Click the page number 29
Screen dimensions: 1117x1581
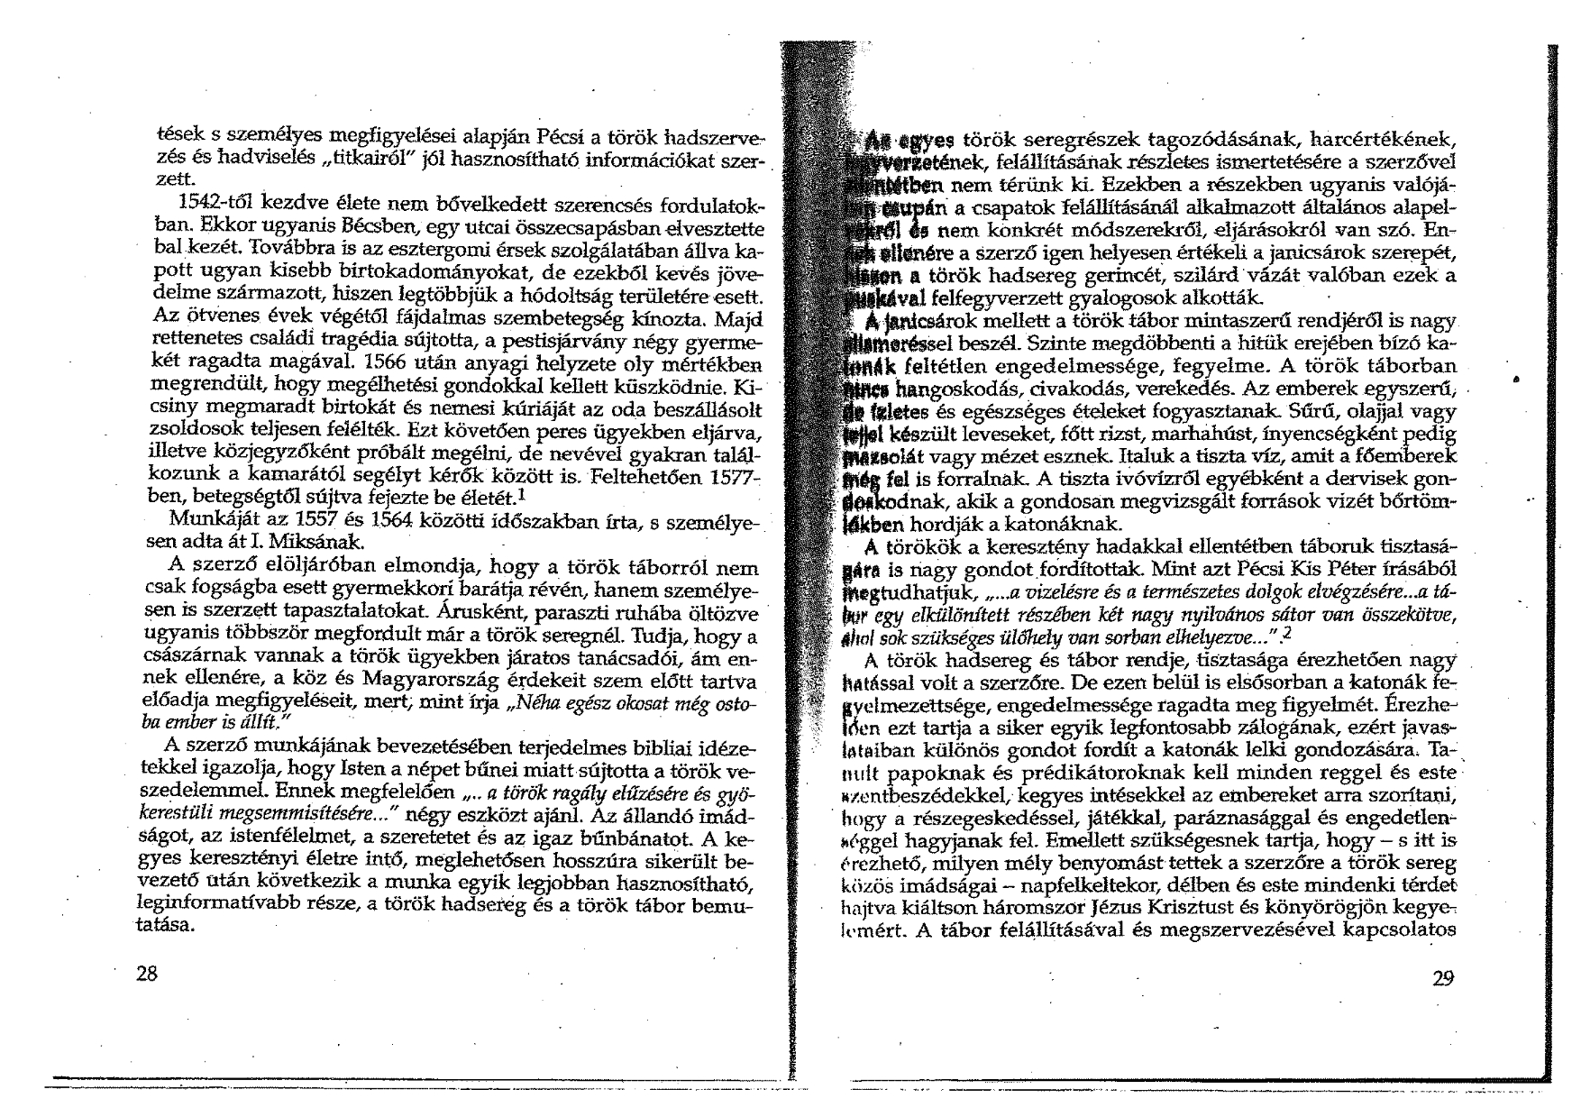pyautogui.click(x=1443, y=980)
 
